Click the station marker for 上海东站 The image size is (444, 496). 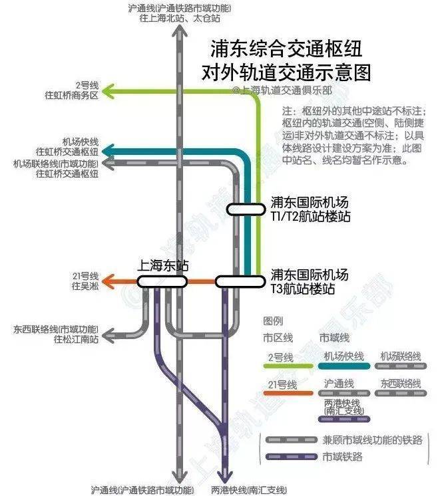[162, 282]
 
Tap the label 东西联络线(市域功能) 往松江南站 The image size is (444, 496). [56, 334]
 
